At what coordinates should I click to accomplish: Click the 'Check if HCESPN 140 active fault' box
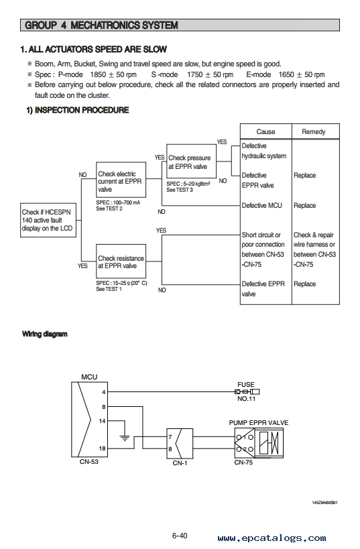pos(48,221)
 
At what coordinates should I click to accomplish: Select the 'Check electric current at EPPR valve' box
pos(121,180)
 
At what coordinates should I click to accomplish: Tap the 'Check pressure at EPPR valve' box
pos(191,162)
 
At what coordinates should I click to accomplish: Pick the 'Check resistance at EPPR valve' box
pos(121,261)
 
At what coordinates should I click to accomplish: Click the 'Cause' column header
pos(265,131)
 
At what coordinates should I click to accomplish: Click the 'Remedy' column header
pos(314,131)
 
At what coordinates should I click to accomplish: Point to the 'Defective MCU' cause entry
pos(261,206)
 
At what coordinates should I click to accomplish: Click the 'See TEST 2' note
pos(109,208)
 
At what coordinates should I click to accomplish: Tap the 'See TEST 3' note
pos(180,190)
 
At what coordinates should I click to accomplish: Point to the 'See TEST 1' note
pos(109,289)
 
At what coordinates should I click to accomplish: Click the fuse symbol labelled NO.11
pos(247,391)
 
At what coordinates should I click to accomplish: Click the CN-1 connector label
pos(180,463)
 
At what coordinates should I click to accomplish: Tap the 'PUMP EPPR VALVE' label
pos(259,422)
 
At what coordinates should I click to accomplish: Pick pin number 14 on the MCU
pos(102,421)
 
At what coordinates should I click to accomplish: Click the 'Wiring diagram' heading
pos(44,334)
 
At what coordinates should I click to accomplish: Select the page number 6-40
pos(180,536)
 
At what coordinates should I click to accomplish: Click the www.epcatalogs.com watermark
pos(272,538)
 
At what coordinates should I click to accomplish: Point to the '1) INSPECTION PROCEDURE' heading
pos(78,110)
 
